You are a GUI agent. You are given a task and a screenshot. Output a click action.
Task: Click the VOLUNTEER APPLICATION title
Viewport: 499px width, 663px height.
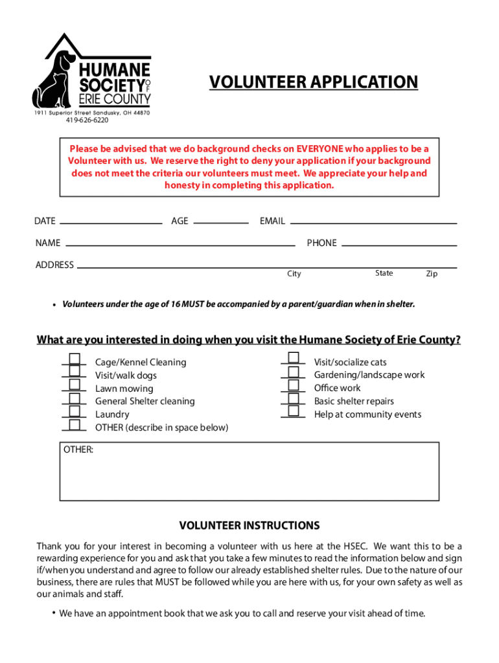pos(314,82)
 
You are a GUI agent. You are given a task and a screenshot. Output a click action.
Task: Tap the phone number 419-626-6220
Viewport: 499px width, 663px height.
pos(87,120)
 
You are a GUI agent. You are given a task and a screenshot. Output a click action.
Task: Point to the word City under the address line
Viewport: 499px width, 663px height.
pos(294,274)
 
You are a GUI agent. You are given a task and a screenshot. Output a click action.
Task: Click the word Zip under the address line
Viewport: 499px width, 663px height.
pos(432,274)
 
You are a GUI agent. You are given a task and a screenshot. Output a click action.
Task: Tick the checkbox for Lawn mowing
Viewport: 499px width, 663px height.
pos(75,385)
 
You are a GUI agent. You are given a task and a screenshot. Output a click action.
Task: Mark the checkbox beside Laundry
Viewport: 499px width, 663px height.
pos(75,411)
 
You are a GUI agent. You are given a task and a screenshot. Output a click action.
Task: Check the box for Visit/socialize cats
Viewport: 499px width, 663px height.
pos(294,358)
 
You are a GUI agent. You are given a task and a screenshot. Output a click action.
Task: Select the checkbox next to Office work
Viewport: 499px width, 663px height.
pos(294,385)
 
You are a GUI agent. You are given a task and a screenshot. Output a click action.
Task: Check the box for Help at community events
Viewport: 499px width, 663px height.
pos(294,411)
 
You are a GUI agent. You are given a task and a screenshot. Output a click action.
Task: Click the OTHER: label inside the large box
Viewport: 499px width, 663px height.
pos(78,449)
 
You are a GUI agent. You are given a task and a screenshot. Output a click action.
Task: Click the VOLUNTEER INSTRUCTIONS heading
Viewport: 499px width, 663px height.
pos(250,525)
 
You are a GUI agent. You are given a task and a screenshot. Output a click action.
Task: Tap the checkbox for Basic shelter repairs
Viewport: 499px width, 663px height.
pos(294,398)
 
